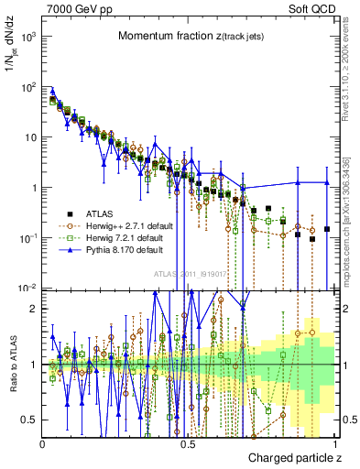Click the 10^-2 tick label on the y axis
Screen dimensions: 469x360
pyautogui.click(x=29, y=288)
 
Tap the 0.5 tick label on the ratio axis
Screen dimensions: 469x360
pyautogui.click(x=31, y=420)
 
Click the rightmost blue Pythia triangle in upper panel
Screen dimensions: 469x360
pyautogui.click(x=327, y=182)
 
